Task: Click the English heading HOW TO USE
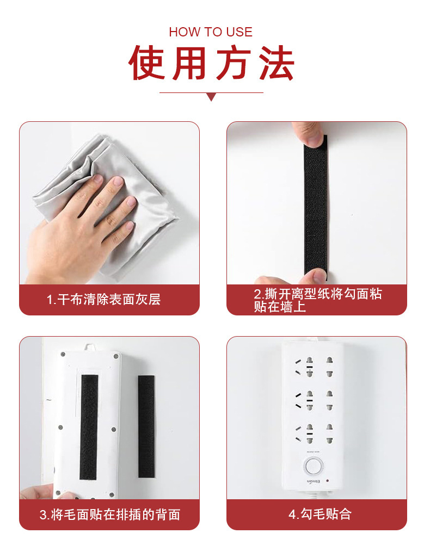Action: [211, 32]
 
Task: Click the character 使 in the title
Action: [146, 64]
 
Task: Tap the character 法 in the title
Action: [276, 64]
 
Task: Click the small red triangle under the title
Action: [211, 97]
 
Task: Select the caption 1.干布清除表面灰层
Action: [103, 300]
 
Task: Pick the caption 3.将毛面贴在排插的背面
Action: [109, 514]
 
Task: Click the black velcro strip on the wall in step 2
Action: [315, 212]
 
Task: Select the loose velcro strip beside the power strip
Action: [146, 427]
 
